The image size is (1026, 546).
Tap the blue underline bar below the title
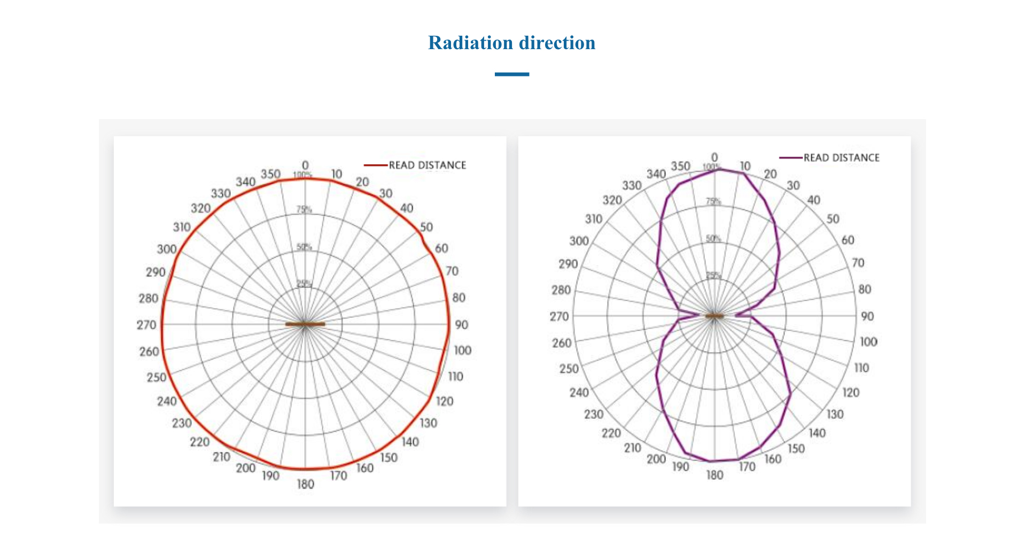click(x=511, y=74)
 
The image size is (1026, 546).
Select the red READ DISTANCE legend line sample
click(x=376, y=165)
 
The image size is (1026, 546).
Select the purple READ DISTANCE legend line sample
click(x=790, y=158)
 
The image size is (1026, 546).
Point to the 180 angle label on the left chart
click(x=305, y=484)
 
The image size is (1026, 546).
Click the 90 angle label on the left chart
click(x=461, y=325)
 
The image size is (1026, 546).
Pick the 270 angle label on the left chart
click(x=146, y=325)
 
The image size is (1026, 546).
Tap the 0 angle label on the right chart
click(x=714, y=158)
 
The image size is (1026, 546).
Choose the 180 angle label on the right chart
click(x=714, y=475)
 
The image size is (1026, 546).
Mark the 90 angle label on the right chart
click(x=867, y=316)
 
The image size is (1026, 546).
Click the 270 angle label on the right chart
click(x=559, y=316)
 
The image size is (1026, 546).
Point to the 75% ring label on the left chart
click(x=304, y=209)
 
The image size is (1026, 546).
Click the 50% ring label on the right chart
click(x=713, y=238)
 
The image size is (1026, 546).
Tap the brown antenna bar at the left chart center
click(x=305, y=324)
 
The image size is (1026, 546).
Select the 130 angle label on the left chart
click(x=428, y=423)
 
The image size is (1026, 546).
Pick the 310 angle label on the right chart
click(x=594, y=219)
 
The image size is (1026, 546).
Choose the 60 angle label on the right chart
click(x=848, y=240)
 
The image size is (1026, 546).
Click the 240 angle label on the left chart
click(x=167, y=401)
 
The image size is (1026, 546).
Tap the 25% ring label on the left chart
click(x=304, y=283)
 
